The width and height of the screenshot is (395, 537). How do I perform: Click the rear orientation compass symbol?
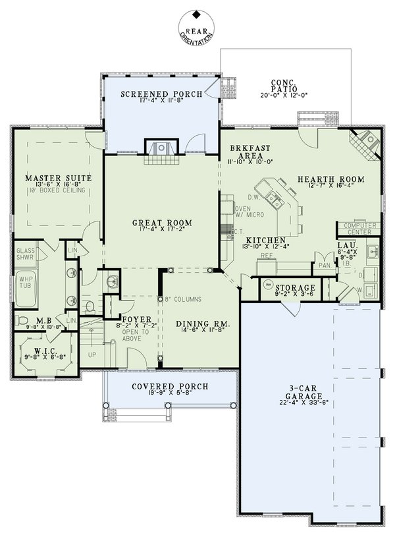196,28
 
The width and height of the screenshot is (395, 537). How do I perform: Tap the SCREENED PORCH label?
161,95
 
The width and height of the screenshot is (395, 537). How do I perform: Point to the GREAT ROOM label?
161,223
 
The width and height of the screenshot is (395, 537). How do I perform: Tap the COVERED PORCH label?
170,386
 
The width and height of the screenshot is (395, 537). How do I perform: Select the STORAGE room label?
295,288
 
